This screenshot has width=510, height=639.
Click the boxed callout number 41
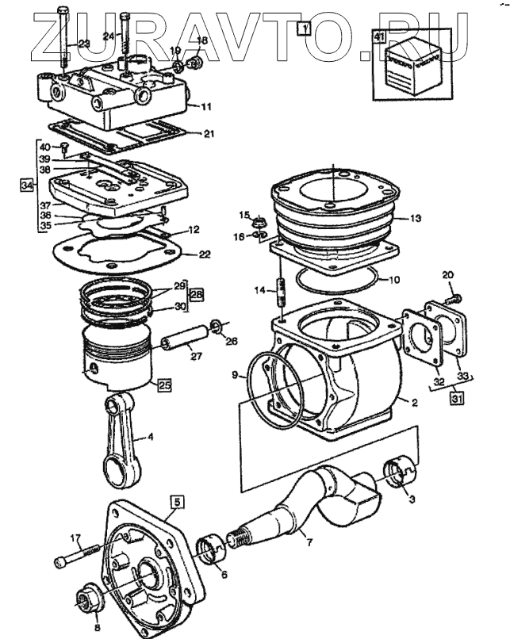(x=379, y=36)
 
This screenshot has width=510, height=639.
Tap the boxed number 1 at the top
(x=304, y=29)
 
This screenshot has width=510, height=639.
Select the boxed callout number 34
(x=27, y=186)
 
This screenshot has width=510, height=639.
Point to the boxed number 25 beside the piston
(x=164, y=385)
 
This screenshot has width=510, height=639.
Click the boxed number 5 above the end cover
(x=178, y=502)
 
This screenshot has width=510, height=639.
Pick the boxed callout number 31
(x=457, y=398)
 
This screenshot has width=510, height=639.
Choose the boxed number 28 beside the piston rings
(x=197, y=294)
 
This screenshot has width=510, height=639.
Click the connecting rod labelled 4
(x=121, y=441)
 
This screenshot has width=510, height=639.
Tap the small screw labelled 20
(x=452, y=300)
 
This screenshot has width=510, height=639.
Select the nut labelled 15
(x=258, y=224)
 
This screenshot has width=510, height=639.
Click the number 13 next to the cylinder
(x=416, y=219)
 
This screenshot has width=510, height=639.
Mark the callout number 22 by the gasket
(x=205, y=254)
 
